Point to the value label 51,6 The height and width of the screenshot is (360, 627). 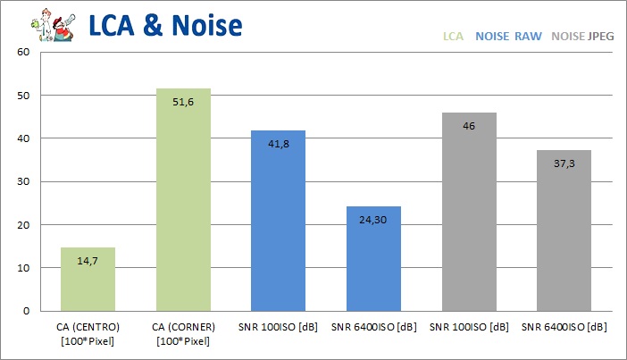tap(183, 103)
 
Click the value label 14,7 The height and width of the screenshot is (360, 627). tap(88, 261)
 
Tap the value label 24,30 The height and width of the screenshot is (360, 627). tap(373, 220)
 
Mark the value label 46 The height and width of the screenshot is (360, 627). tap(469, 127)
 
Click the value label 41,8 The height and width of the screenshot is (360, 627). tap(278, 145)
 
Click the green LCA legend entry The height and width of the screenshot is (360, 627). tap(453, 38)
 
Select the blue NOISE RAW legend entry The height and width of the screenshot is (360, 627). tap(508, 38)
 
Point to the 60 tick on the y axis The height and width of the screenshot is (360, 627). tap(24, 52)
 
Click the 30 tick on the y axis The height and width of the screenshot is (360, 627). tap(24, 181)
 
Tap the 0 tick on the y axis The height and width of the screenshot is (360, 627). tap(27, 311)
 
